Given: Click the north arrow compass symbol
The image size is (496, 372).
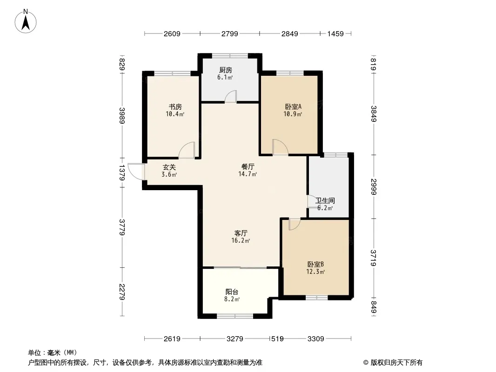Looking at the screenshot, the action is coord(26,21).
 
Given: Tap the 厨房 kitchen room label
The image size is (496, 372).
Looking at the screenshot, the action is coord(226,70).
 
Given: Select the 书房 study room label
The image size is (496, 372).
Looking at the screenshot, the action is coord(175,107).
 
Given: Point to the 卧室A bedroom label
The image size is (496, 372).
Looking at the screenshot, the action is coord(293,106).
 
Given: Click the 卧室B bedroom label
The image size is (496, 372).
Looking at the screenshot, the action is coord(315,264).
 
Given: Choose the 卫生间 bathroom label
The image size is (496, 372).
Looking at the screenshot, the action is coord(325,200).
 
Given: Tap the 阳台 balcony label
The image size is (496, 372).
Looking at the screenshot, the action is coord(232,292).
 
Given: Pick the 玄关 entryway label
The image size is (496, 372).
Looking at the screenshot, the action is coord(169,167).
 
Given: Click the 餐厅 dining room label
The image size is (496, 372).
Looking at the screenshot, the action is coord(248,166).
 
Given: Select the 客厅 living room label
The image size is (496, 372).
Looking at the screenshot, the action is coord(241,233).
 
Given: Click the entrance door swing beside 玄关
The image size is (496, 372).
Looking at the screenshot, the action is coord(136,171).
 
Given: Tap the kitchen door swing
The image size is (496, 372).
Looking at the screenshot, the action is coord(231,96).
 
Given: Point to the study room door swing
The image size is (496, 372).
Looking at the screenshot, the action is coord(187,150).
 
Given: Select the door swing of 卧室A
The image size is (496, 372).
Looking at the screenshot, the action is coord(280,147).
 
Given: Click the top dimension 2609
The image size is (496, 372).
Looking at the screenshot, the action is coord(172,33).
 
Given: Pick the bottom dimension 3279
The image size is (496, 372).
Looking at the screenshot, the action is coord(235,339).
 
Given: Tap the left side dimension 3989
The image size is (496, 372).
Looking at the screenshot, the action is coord(122,116).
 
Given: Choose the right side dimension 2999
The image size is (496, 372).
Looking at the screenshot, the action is coord(374,187).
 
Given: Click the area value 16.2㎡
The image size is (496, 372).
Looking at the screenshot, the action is coord(241,240).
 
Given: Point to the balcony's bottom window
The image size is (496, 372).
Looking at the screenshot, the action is coord(235,316).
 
